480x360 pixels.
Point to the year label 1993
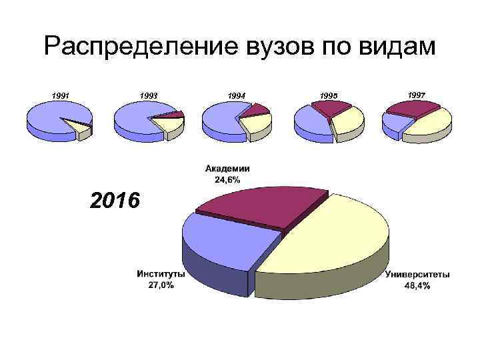pos(149,95)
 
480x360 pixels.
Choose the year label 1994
pos(236,96)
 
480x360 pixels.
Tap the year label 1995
pos(328,97)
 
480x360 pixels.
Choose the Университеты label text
pos(417,275)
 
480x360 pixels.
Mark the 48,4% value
pos(417,285)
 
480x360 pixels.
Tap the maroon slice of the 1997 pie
pos(413,108)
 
